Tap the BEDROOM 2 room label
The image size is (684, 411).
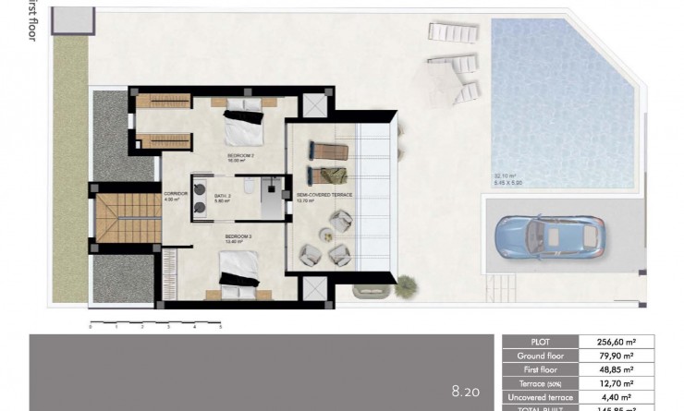[x=240, y=157]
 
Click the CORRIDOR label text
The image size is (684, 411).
[x=176, y=194]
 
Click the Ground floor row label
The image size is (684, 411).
[x=541, y=355]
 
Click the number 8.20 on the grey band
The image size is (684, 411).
[x=466, y=392]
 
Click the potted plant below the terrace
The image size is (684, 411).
[x=405, y=287]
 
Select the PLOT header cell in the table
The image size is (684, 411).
[x=541, y=341]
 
